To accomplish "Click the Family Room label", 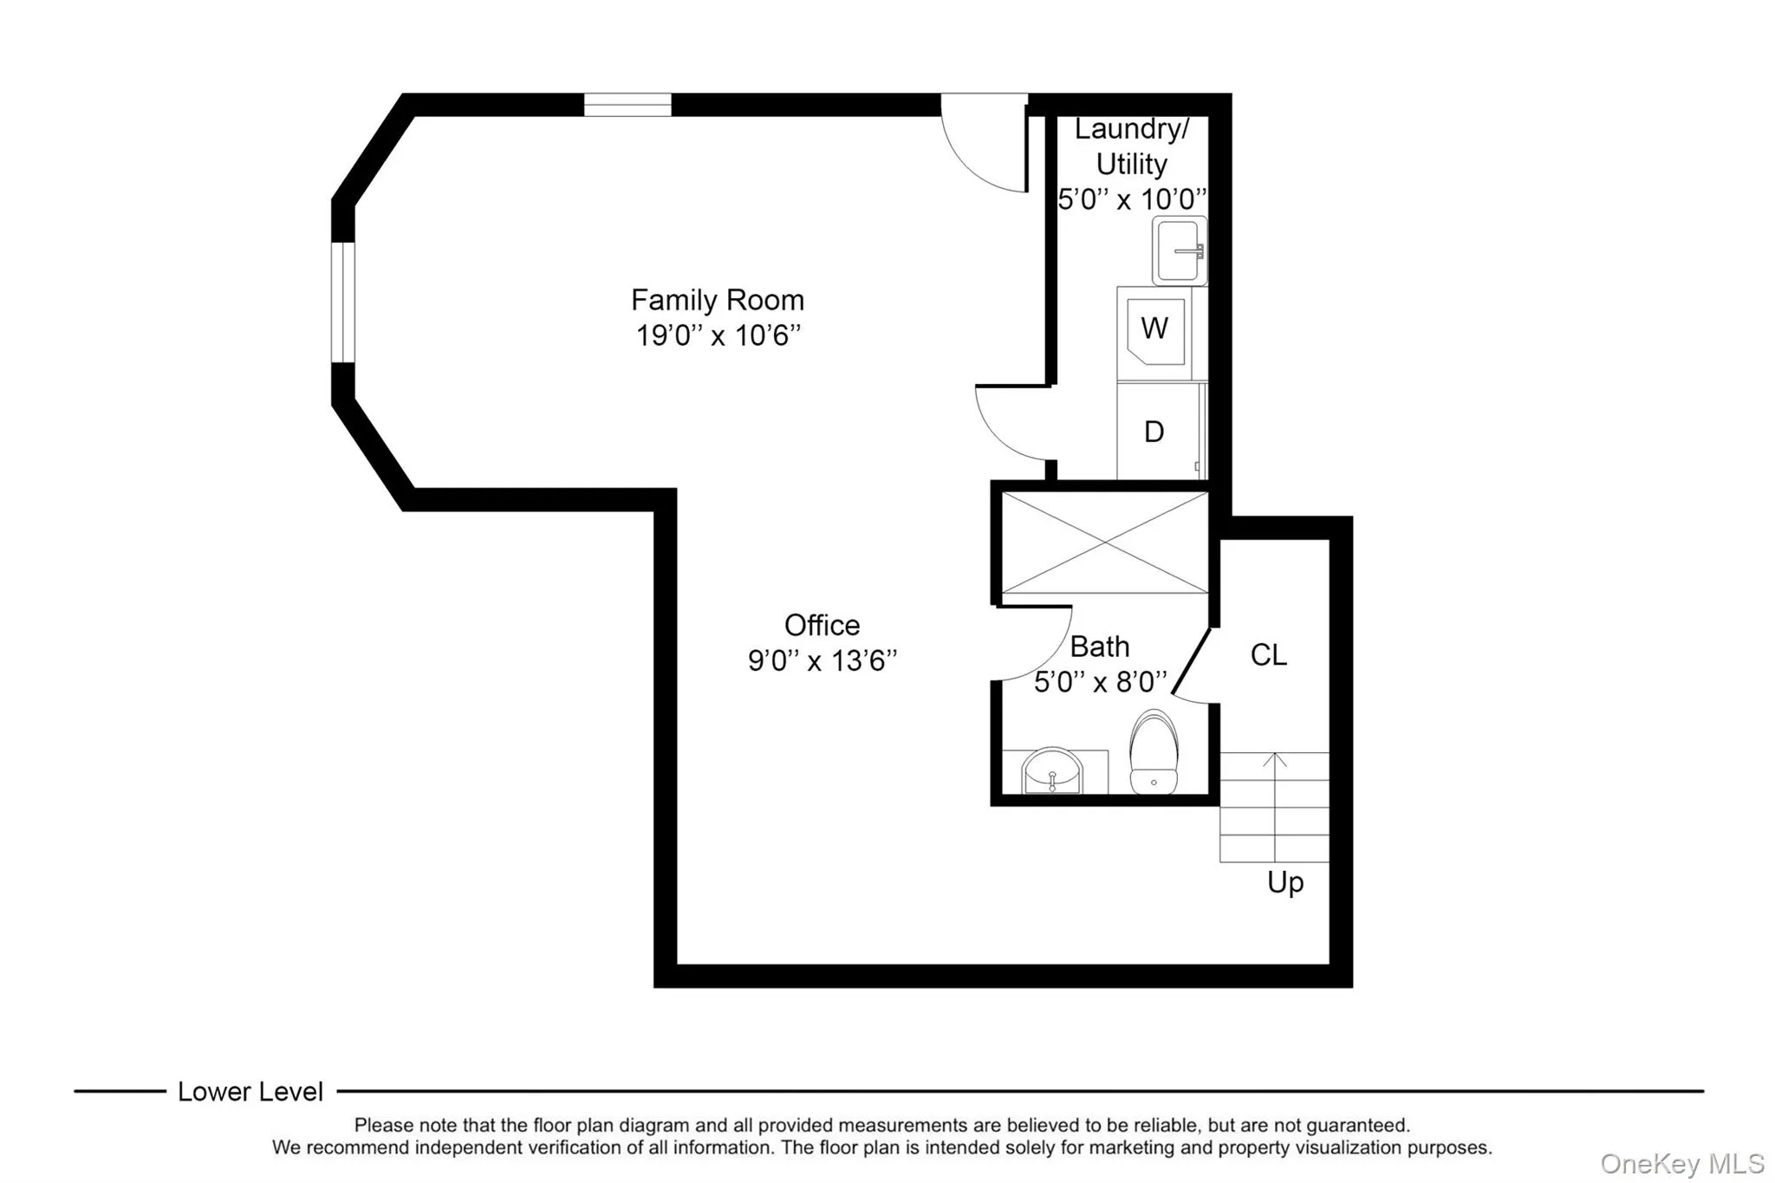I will tap(717, 300).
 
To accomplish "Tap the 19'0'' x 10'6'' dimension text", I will tap(718, 335).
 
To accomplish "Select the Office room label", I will tap(822, 625).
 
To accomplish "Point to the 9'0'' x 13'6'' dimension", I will tap(822, 661).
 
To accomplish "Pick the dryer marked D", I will tap(1154, 432).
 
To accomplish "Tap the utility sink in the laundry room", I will tap(1179, 251).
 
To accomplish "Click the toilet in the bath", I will tap(1154, 752).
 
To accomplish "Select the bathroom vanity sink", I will tap(1052, 770).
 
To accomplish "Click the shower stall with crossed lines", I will tap(1104, 543).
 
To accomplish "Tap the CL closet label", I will tap(1268, 655).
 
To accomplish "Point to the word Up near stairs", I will tap(1284, 882).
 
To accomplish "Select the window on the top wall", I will tap(627, 105).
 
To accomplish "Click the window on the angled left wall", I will tap(343, 302).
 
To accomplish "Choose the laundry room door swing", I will tap(1012, 425).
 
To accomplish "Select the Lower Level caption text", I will tap(250, 1092).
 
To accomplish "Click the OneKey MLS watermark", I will tap(1681, 1163).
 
